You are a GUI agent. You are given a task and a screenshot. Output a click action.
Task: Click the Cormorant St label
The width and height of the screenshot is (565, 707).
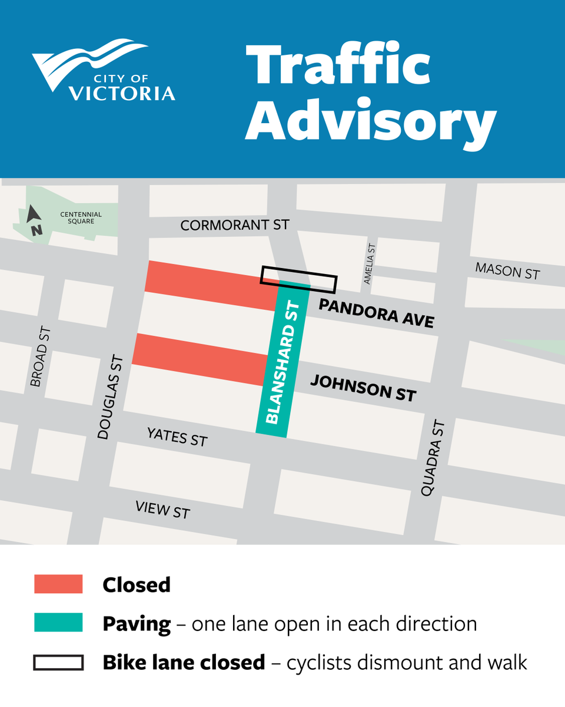click(235, 225)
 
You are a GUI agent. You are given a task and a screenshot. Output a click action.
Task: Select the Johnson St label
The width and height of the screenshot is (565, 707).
click(363, 388)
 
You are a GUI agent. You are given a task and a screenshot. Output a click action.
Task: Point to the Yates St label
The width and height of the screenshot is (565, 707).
click(177, 437)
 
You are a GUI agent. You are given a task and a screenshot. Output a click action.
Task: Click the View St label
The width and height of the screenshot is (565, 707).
click(162, 510)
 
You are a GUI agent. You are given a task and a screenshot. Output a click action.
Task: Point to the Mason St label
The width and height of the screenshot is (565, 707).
click(507, 271)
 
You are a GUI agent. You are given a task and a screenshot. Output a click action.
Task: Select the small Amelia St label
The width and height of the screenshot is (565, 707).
click(370, 264)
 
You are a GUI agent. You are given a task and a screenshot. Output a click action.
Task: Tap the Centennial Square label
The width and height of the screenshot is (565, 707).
click(81, 218)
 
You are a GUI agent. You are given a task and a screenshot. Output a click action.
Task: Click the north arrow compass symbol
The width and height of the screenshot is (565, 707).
click(34, 220)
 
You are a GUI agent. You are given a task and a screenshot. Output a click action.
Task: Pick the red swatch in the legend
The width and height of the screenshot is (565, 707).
click(58, 584)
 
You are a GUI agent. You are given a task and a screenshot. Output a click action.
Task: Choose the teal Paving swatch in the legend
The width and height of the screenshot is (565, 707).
click(58, 623)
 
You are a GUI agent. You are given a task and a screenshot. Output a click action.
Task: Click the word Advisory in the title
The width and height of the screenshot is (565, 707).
click(370, 122)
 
